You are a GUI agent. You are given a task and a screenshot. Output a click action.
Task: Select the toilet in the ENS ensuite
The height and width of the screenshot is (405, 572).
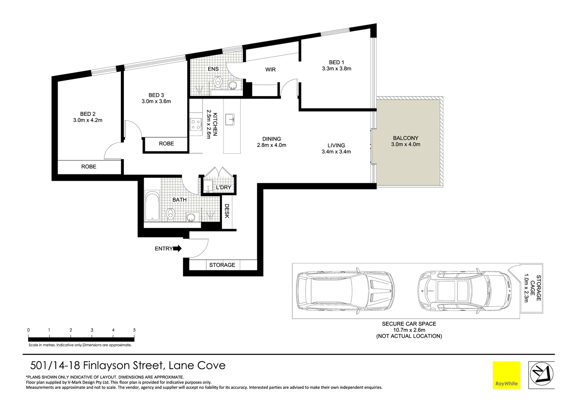pos(217,82)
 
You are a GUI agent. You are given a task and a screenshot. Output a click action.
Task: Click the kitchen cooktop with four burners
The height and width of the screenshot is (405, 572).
pos(195,124)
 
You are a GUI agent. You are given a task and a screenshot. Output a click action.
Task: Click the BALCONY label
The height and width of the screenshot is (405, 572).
pos(405,138)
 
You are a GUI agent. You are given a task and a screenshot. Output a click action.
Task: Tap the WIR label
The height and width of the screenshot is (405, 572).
pos(270,70)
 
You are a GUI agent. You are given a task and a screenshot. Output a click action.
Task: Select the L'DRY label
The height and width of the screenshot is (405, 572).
pos(223,187)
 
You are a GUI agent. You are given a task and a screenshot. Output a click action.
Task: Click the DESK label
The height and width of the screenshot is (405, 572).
pos(227,211)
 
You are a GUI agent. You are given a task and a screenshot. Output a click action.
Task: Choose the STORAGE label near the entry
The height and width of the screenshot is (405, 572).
pos(222,265)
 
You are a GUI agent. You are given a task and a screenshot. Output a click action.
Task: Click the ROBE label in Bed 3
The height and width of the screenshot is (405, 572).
pos(166,144)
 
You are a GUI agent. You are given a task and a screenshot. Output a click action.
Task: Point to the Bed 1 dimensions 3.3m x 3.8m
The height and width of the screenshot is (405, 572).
pos(336,69)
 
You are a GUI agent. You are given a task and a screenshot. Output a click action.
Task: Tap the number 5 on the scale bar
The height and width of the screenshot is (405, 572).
pos(134,330)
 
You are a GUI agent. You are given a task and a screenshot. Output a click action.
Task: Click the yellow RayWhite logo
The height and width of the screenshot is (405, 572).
pos(506,375)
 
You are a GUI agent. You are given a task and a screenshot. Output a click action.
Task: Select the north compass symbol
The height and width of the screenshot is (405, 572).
pos(541,375)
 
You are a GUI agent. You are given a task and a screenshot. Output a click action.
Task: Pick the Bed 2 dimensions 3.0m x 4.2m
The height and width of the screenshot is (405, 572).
pos(88,120)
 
